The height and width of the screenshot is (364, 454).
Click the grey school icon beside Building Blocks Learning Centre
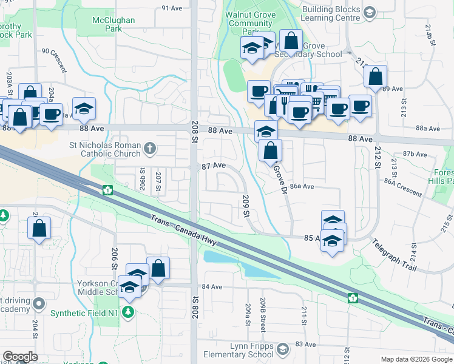pos(368,12)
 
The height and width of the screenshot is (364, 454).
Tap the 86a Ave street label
pos(302,187)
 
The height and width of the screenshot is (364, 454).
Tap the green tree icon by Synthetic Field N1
pos(127,312)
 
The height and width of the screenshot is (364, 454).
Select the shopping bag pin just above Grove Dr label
pos(270,150)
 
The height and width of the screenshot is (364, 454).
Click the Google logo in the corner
pos(20,357)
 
